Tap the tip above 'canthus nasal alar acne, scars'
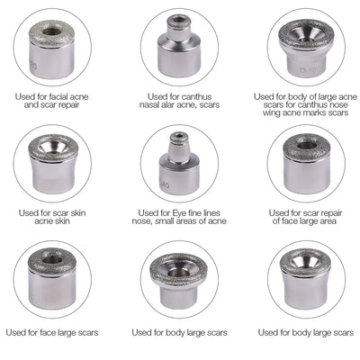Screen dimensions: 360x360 click(x=179, y=47)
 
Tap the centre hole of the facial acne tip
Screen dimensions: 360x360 click(x=52, y=31)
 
